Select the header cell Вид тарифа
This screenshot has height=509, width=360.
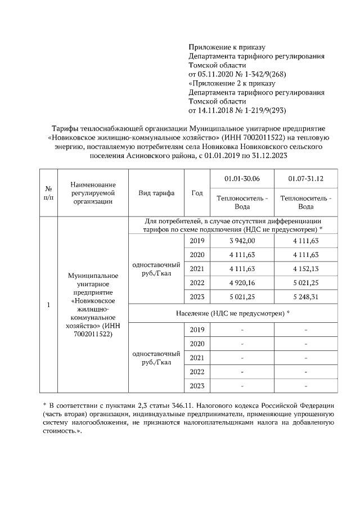[156, 193]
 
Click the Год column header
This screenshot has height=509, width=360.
[197, 193]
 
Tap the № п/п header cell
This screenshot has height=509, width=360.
[48, 193]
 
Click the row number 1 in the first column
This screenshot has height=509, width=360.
[48, 305]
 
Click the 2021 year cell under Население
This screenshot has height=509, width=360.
[197, 358]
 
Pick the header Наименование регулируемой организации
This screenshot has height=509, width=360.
[93, 193]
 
